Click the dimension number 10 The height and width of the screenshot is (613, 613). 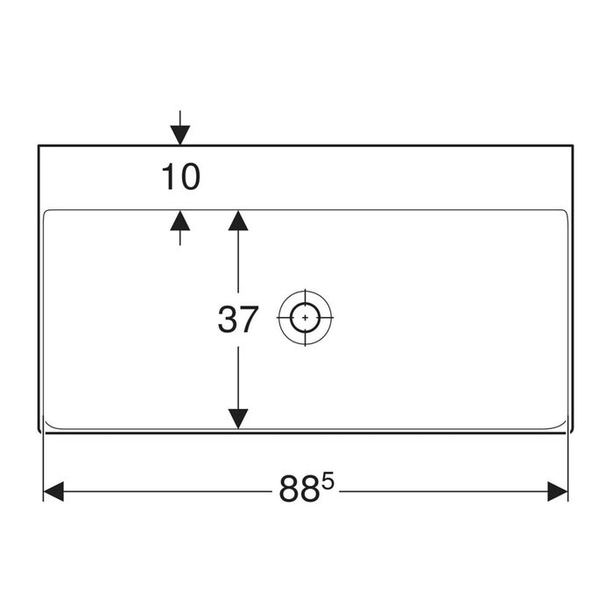click(181, 177)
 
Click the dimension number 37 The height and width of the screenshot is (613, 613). click(237, 320)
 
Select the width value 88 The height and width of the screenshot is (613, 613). click(299, 489)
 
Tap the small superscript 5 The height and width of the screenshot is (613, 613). click(328, 482)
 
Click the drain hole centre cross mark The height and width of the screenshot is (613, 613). click(305, 317)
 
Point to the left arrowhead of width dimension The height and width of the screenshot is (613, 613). click(53, 491)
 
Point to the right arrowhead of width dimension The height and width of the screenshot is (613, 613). click(558, 491)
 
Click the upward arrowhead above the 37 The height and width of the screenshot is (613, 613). click(238, 221)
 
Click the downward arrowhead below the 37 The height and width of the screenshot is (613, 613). click(238, 419)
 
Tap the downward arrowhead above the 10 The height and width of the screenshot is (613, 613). click(180, 135)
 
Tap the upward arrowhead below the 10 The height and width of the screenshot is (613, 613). click(180, 221)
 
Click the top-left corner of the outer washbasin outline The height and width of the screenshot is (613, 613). click(39, 145)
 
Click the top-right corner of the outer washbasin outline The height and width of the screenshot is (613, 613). click(573, 145)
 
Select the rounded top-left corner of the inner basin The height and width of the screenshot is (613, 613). click(46, 212)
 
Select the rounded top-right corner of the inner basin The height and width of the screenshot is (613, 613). click(566, 212)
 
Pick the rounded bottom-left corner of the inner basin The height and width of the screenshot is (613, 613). click(47, 426)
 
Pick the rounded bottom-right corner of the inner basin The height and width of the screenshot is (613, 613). click(563, 426)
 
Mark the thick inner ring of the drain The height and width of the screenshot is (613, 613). click(305, 303)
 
